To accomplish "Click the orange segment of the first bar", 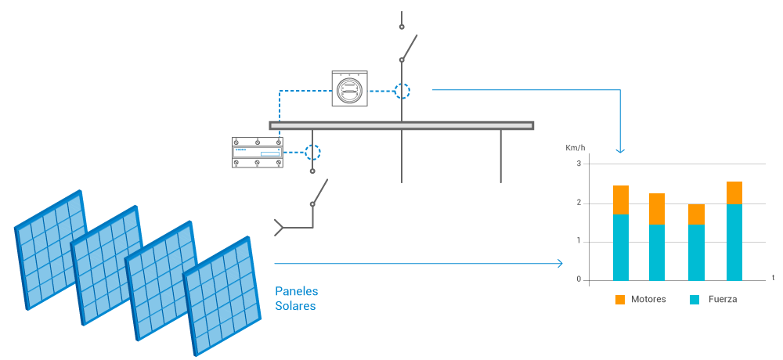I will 621,200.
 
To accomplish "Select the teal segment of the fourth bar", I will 734,243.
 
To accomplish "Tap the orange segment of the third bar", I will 696,214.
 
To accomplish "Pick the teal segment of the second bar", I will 657,252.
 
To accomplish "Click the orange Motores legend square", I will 620,300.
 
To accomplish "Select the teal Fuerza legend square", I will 695,300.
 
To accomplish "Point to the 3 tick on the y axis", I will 579,164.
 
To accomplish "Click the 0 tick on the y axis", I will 579,279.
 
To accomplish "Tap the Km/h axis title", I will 576,148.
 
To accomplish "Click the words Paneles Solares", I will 296,298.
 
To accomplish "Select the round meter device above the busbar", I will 349,90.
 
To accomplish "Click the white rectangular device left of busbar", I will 258,152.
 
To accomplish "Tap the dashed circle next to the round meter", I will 402,91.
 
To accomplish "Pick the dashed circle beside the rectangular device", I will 312,152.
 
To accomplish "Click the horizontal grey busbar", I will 402,125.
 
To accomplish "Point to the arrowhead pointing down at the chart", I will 620,150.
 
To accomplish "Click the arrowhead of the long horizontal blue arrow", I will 560,264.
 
